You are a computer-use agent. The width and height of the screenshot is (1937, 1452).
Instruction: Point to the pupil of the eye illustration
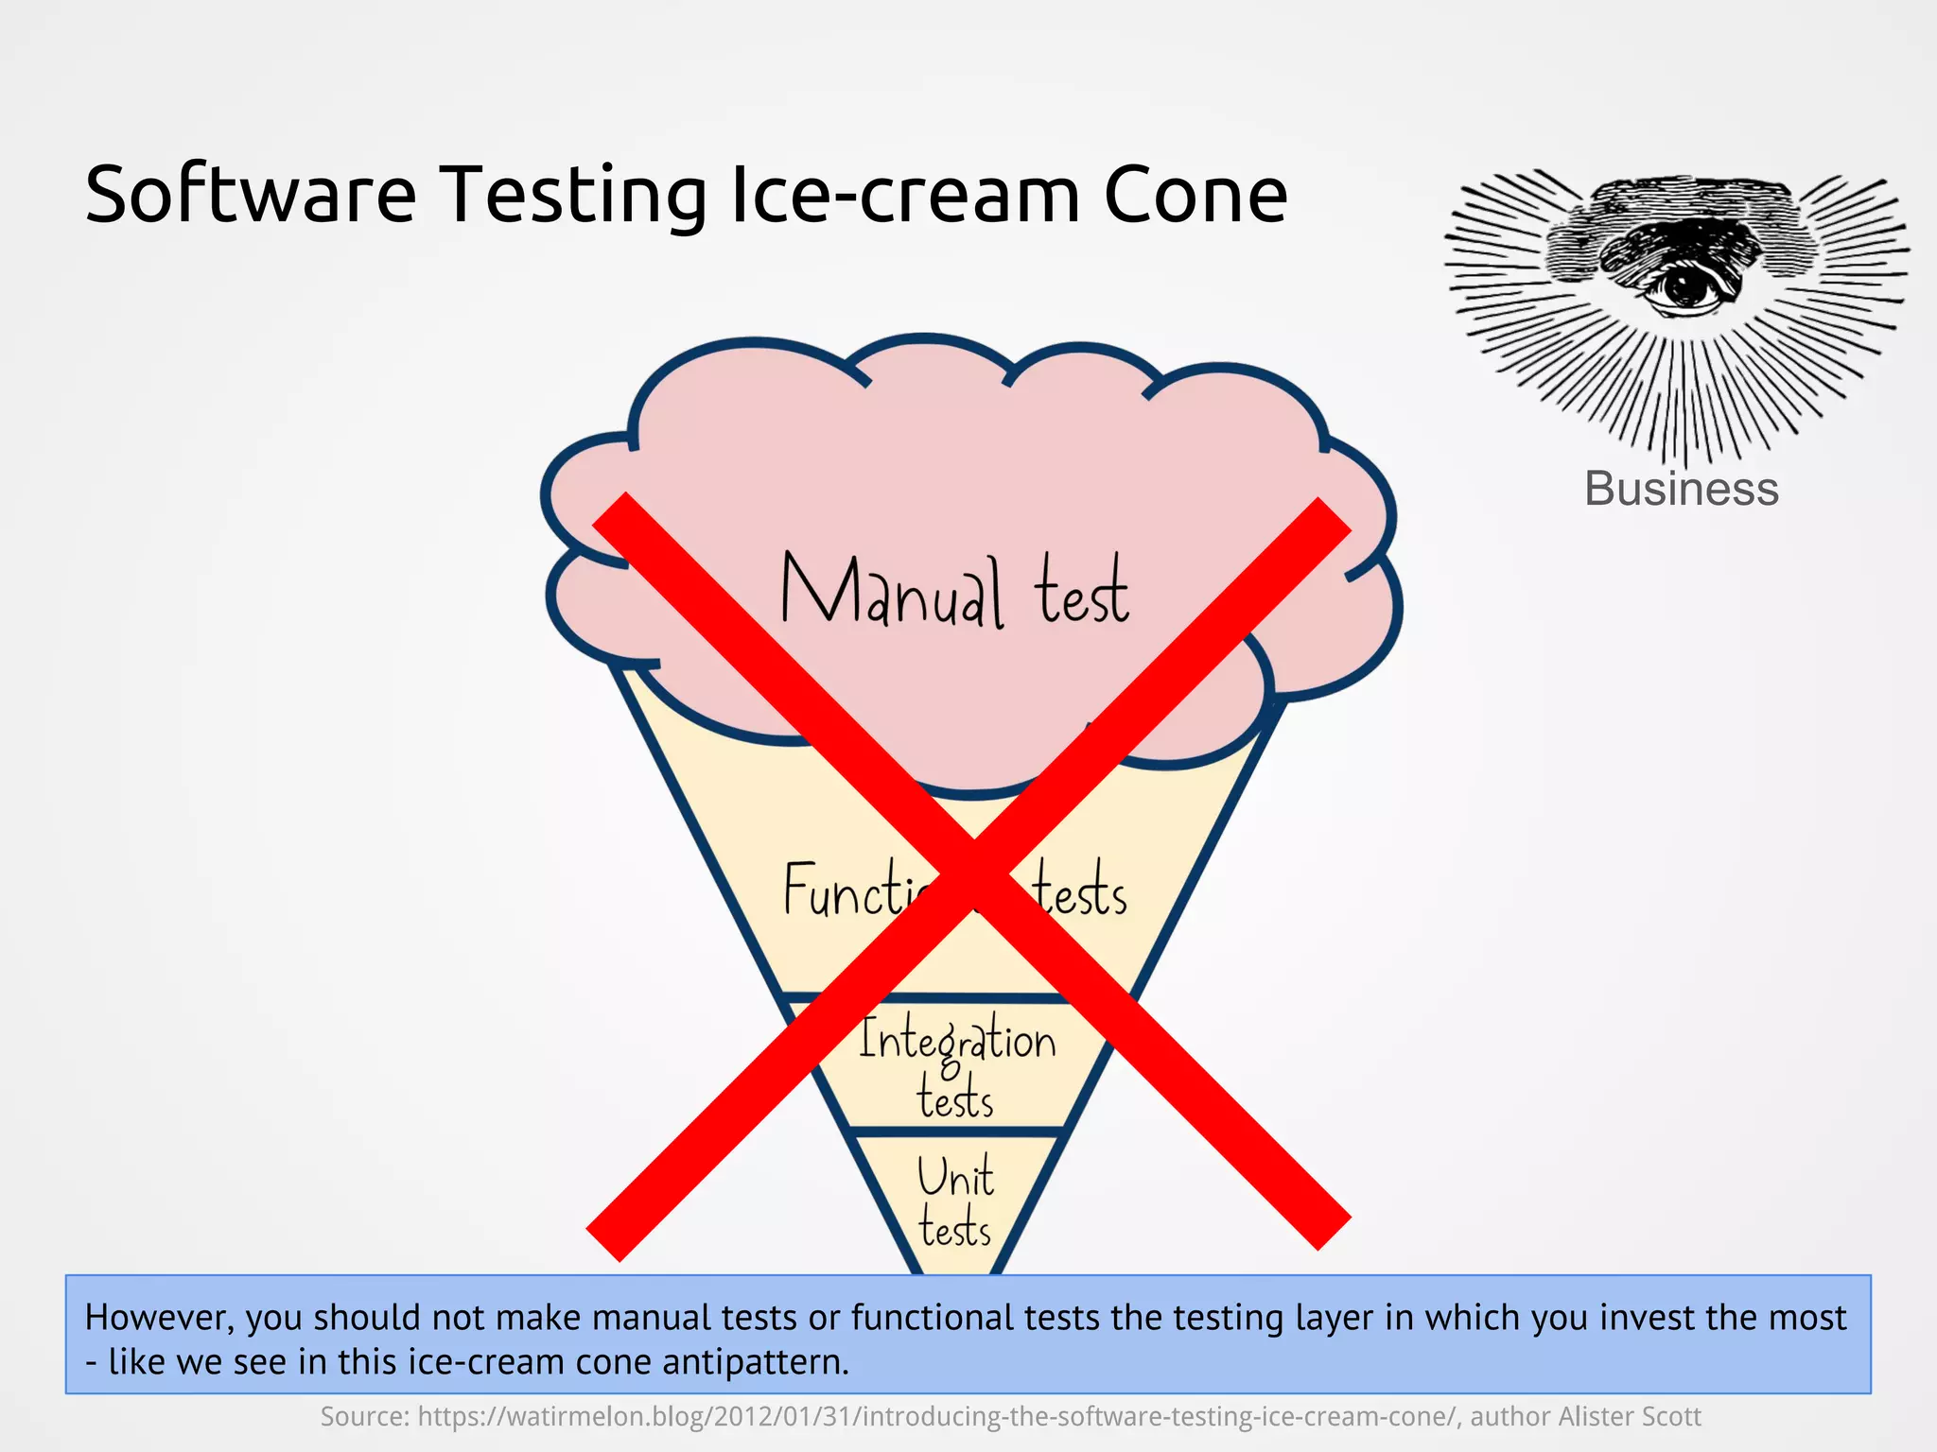pos(1683,285)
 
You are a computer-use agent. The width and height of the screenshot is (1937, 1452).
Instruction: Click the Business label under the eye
pos(1681,489)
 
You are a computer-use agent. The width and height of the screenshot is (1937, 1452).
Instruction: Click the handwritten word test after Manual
pos(1081,593)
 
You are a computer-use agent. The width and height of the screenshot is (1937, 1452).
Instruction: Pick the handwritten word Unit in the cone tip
pos(955,1178)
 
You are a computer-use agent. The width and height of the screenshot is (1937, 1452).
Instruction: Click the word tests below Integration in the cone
pos(955,1099)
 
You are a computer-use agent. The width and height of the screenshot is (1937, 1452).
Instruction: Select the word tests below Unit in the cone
pos(955,1229)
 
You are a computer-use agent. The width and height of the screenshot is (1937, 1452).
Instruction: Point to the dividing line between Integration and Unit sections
pos(955,1132)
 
